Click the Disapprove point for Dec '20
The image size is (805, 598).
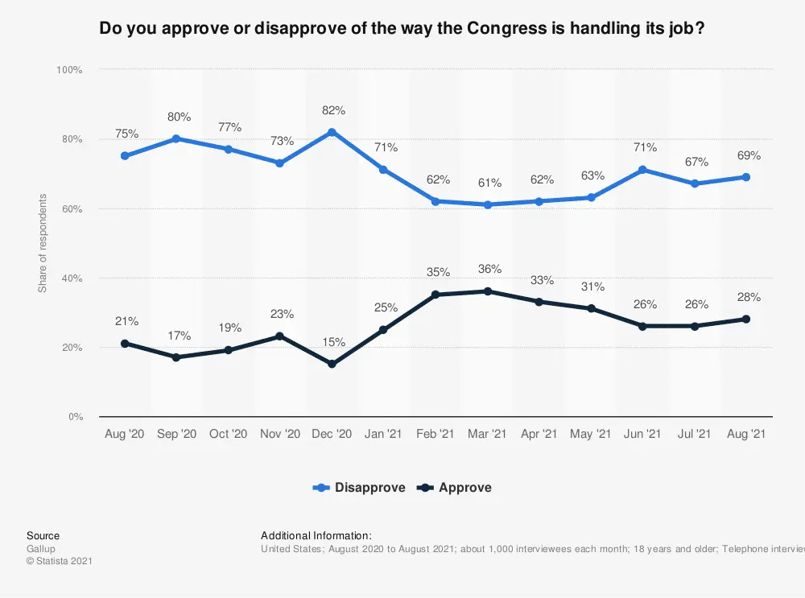(x=332, y=132)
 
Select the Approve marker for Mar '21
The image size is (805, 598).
(x=487, y=291)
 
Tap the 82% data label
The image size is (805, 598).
(x=332, y=110)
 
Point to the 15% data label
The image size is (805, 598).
(x=332, y=342)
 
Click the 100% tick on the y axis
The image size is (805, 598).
(x=69, y=71)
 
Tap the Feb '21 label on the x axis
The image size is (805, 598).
(x=436, y=434)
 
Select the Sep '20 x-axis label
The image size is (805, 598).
(x=176, y=434)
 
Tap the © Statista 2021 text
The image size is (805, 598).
(x=59, y=561)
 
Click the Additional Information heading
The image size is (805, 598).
(x=316, y=536)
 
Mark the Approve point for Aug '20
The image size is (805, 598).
(x=125, y=344)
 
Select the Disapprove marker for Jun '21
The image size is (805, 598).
(x=642, y=170)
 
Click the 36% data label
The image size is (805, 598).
(x=489, y=269)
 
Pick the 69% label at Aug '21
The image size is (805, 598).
(x=748, y=155)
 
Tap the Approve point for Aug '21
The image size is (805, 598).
(x=746, y=319)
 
